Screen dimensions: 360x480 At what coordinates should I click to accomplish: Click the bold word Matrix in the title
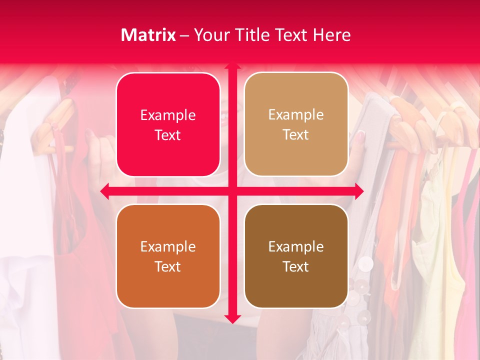tap(148, 35)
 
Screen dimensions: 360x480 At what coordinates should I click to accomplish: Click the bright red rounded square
tap(168, 124)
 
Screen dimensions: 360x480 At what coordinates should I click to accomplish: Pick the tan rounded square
tap(296, 124)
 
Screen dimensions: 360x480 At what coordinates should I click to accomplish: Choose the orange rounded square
tap(168, 256)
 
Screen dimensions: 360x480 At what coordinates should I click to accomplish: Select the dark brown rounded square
tap(296, 256)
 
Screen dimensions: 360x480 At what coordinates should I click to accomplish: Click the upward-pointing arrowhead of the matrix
tap(232, 66)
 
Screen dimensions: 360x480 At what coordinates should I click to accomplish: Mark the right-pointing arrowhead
tap(359, 191)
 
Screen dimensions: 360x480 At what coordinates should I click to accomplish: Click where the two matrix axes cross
tap(232, 191)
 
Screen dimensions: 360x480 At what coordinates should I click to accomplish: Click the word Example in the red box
tap(168, 115)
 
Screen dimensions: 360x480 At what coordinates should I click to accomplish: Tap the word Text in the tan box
tap(296, 135)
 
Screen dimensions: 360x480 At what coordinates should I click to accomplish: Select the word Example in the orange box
tap(168, 247)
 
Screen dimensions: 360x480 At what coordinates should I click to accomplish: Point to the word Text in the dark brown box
tap(296, 266)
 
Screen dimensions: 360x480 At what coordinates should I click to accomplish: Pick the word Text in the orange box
tap(168, 266)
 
